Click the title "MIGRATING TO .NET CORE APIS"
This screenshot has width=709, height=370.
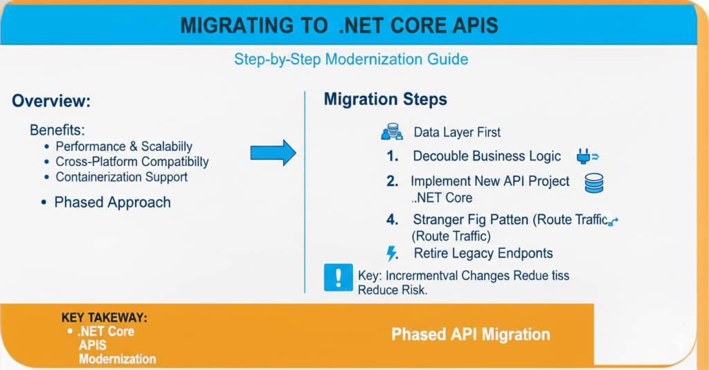coord(339,26)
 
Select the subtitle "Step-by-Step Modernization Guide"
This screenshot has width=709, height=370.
coord(350,59)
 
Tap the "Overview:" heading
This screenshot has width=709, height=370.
coord(51,101)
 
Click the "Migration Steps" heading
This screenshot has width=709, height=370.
coord(386,99)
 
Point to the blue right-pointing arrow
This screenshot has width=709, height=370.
coord(273,152)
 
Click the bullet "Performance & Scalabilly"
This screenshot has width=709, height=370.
coord(123,147)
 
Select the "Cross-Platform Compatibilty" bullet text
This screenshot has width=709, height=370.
coord(132,162)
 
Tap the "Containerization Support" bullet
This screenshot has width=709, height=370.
coord(121,177)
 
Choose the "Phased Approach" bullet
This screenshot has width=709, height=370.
coord(112,203)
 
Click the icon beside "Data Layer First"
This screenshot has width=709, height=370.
coord(392,131)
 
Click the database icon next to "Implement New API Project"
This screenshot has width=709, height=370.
coord(594,183)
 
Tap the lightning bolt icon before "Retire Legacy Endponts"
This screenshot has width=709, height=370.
coord(392,252)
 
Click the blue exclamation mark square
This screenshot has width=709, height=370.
coord(339,277)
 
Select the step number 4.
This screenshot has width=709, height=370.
coord(393,221)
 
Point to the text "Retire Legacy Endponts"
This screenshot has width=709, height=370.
coord(483,253)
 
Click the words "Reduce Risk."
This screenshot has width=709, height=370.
coord(393,290)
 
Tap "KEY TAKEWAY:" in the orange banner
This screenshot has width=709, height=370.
coord(105,318)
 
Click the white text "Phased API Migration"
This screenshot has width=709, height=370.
coord(471,335)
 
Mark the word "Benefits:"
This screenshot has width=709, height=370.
coord(58,130)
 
